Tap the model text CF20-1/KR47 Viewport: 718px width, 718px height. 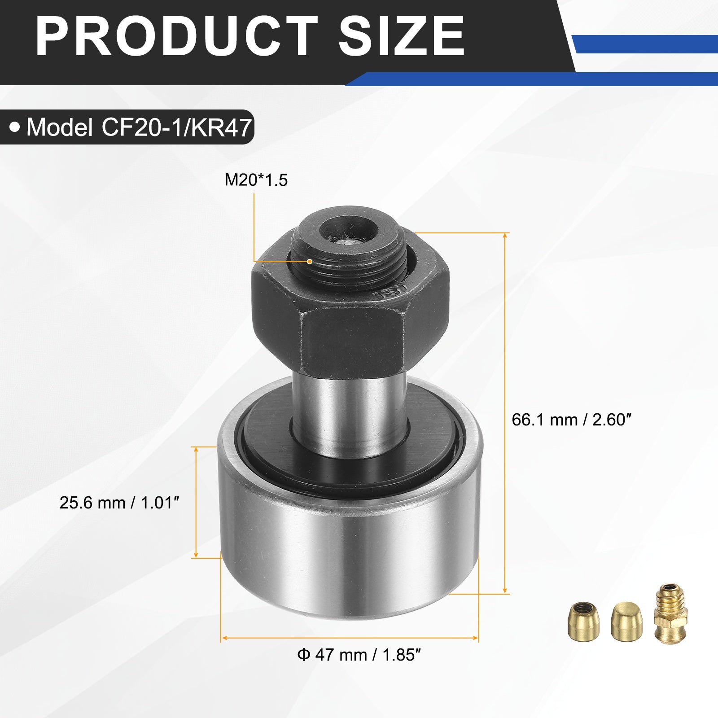(x=176, y=127)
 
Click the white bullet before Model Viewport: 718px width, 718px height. (x=15, y=128)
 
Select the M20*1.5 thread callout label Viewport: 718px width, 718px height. (x=256, y=180)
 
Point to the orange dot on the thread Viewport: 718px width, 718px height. (x=310, y=261)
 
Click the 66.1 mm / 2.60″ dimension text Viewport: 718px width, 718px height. (x=571, y=420)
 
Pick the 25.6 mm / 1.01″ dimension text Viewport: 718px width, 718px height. (x=119, y=503)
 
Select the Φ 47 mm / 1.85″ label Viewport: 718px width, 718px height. (x=359, y=655)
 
